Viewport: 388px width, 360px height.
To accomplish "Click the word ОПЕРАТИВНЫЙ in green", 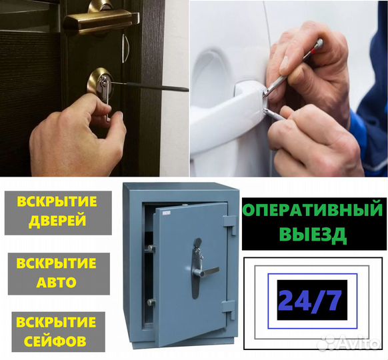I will pyautogui.click(x=312, y=211).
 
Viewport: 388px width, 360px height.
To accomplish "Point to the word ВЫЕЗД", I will pyautogui.click(x=312, y=235).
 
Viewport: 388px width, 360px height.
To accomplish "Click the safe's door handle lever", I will pyautogui.click(x=206, y=271).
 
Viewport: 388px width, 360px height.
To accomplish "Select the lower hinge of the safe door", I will pyautogui.click(x=229, y=309).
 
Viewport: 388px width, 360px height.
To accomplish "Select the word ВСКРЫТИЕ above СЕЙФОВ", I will pyautogui.click(x=57, y=322).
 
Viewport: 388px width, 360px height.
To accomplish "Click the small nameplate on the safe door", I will pyautogui.click(x=166, y=213).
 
